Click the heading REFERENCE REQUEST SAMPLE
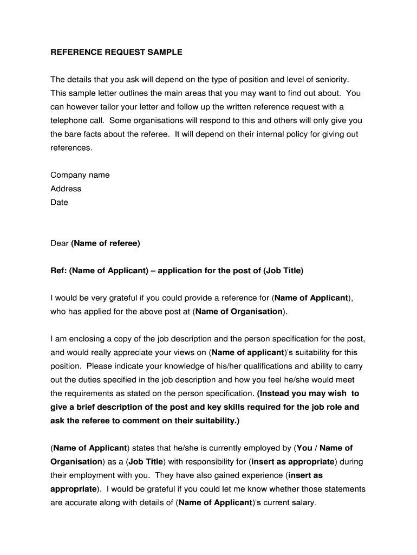[116, 52]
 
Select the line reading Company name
[80, 175]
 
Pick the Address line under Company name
[66, 189]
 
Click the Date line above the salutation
[60, 202]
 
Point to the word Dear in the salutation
[60, 243]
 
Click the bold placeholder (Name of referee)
[106, 243]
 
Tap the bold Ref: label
[58, 270]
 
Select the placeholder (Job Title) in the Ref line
[283, 270]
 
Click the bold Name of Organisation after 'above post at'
[239, 312]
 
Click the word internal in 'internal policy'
[258, 134]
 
